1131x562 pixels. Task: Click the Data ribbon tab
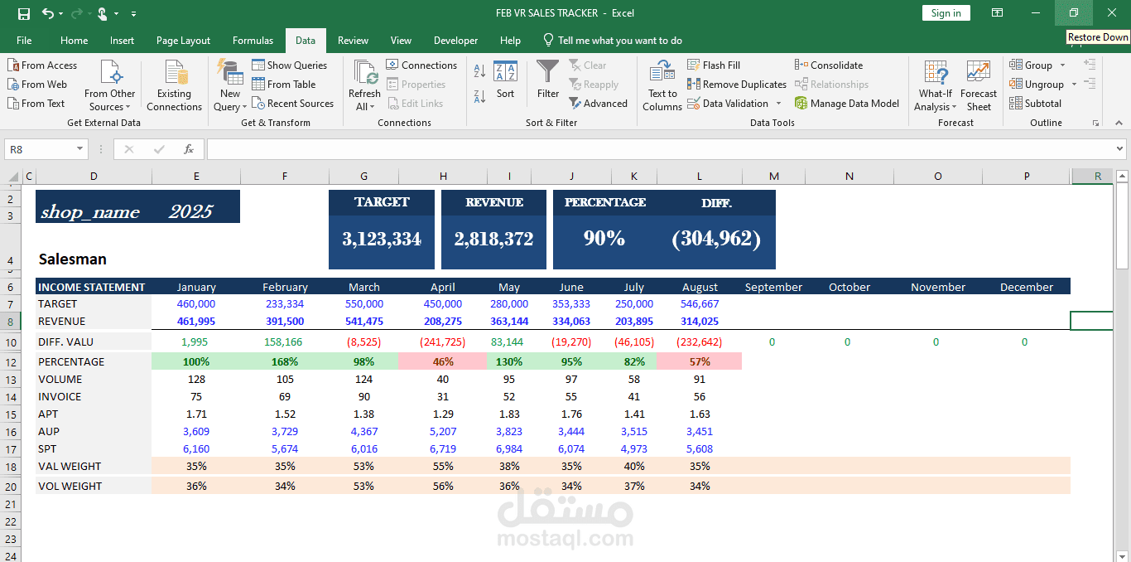[x=306, y=41]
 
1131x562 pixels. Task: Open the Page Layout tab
[x=183, y=41]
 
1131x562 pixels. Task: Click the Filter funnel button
[x=547, y=80]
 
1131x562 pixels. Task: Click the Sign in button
[x=946, y=13]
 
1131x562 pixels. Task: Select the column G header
[x=363, y=176]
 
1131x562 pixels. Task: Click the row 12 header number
[x=11, y=362]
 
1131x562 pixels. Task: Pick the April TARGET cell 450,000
[x=442, y=304]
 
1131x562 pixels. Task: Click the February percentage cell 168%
[x=285, y=362]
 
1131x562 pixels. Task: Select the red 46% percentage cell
[x=443, y=362]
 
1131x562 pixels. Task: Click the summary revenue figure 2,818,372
[x=493, y=240]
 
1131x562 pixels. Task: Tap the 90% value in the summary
[x=604, y=239]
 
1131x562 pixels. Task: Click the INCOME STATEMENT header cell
[x=92, y=287]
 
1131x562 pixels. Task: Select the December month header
[x=1026, y=287]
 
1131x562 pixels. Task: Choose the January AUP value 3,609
[x=196, y=431]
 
